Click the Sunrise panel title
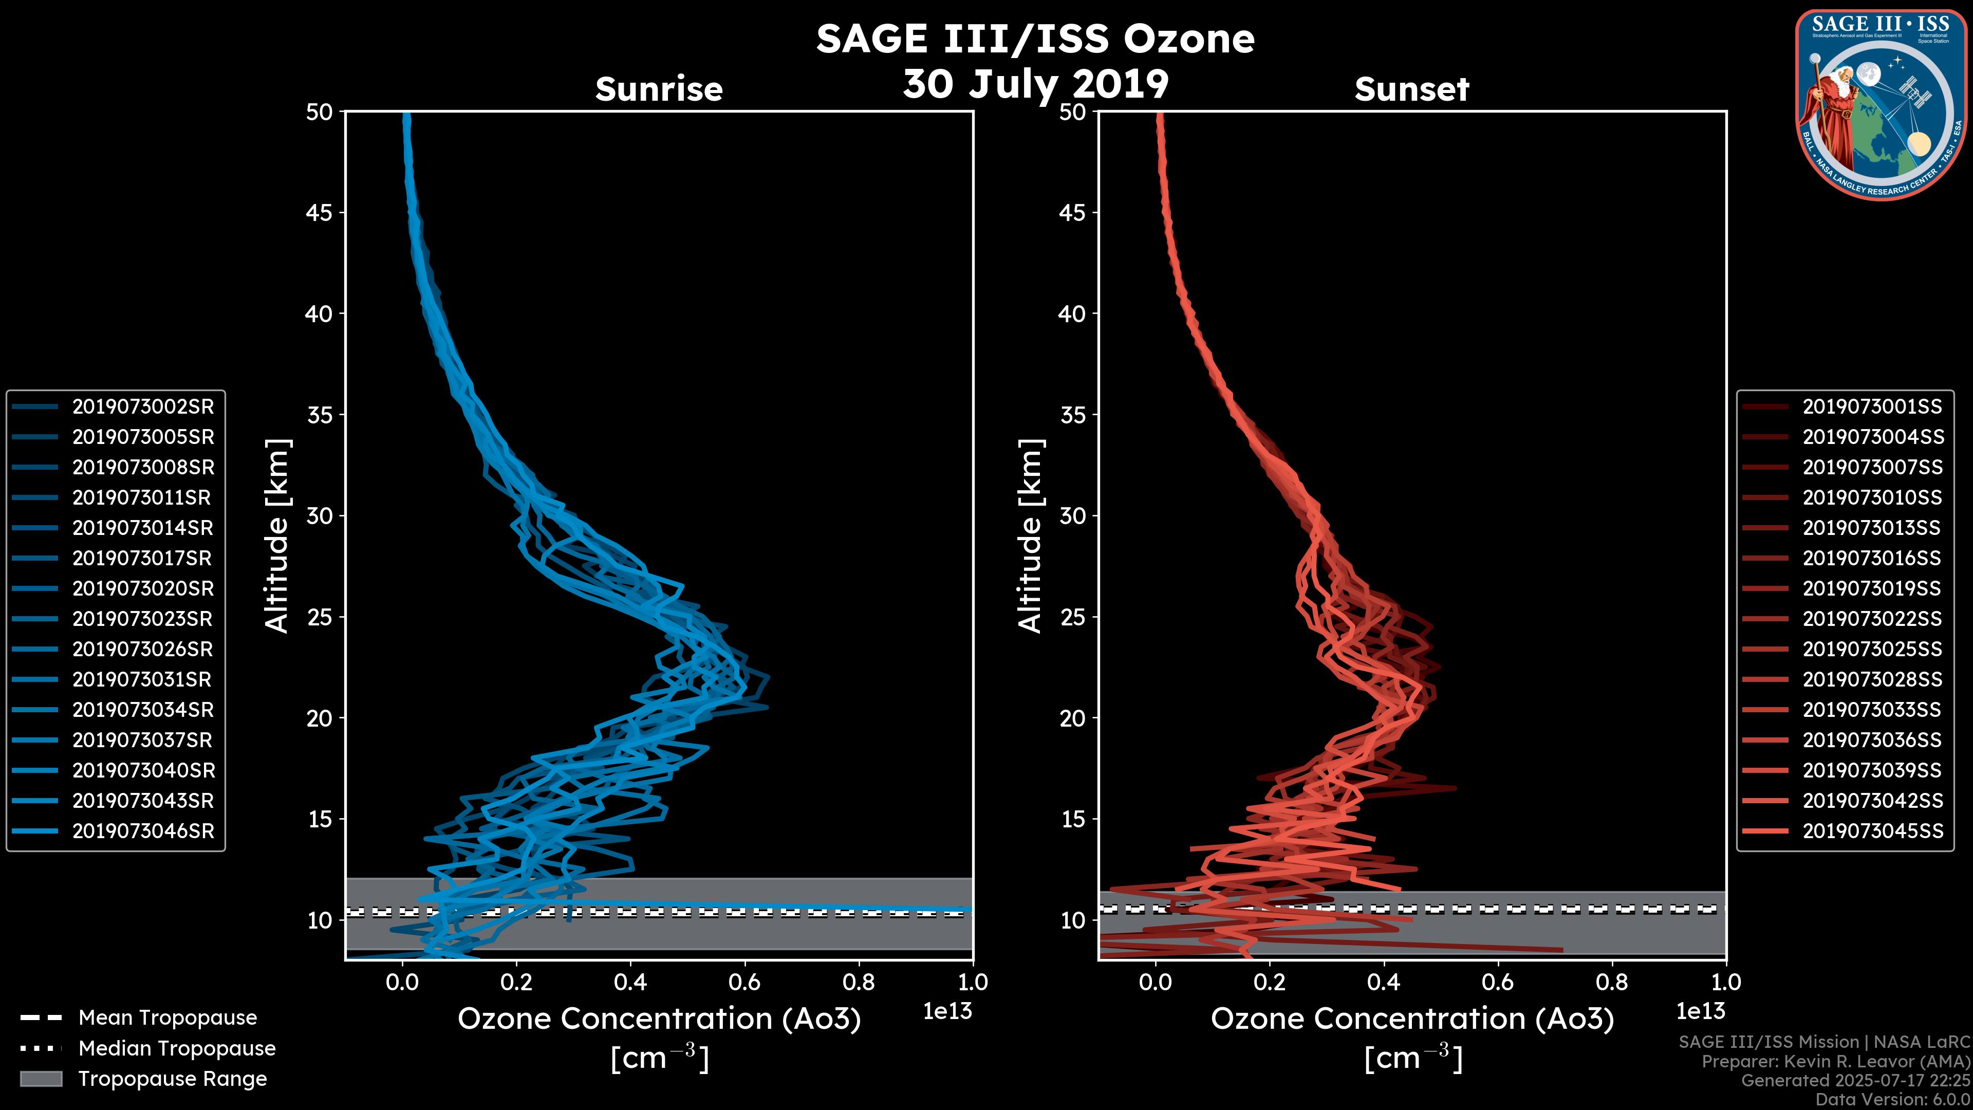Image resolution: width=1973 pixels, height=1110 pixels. [659, 89]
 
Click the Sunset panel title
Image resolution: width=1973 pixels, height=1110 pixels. [1411, 89]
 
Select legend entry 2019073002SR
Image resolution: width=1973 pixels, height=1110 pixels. [142, 407]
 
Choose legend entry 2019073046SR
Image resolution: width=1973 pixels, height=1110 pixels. [142, 831]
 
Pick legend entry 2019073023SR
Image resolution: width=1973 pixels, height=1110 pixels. [142, 619]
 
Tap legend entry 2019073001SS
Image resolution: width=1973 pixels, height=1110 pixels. [1872, 407]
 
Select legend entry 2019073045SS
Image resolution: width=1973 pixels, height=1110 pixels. [1872, 831]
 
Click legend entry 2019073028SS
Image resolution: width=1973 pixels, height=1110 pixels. [1872, 679]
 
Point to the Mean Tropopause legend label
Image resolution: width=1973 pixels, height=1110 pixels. [167, 1018]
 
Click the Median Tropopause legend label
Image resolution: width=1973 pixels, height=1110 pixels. [177, 1049]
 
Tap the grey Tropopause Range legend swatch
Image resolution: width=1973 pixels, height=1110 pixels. [41, 1079]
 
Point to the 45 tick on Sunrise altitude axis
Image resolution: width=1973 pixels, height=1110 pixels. [320, 213]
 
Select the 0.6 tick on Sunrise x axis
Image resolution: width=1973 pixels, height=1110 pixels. [744, 982]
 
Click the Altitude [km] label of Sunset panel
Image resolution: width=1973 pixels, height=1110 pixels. [1030, 536]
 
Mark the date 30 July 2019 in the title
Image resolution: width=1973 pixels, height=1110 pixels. [1035, 84]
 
